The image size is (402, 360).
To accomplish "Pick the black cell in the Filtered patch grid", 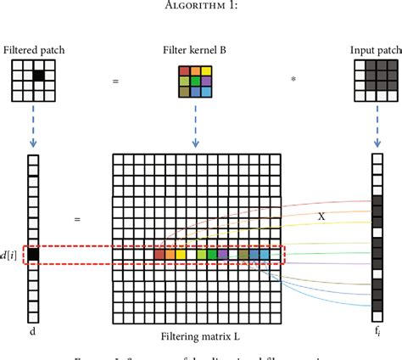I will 38,76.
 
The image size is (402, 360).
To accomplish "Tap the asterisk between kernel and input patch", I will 293,82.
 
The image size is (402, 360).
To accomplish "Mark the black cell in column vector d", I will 33,253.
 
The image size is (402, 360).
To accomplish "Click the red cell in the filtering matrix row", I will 159,253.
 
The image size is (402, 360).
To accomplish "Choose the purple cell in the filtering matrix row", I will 222,253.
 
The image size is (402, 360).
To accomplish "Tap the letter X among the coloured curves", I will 321,217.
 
